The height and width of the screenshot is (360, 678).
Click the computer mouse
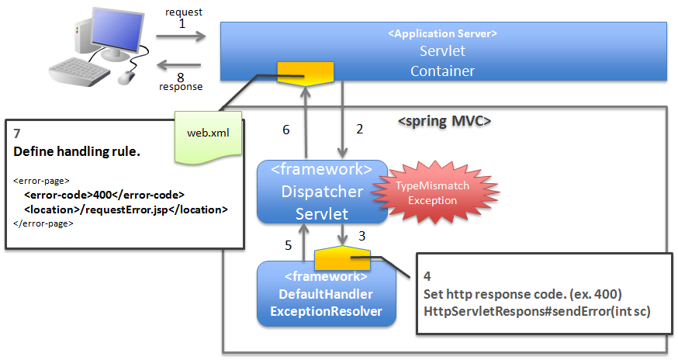pyautogui.click(x=126, y=77)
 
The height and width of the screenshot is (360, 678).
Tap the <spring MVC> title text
pyautogui.click(x=445, y=121)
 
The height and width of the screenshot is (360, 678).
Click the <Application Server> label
pyautogui.click(x=442, y=33)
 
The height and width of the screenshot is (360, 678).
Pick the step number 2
pyautogui.click(x=359, y=130)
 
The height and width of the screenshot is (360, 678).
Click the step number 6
pyautogui.click(x=285, y=130)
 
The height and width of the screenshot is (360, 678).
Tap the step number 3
pyautogui.click(x=361, y=234)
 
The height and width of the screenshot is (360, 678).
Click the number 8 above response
pyautogui.click(x=182, y=76)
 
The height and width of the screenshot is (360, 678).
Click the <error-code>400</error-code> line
pyautogui.click(x=104, y=195)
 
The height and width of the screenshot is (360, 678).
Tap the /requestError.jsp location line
pyautogui.click(x=125, y=209)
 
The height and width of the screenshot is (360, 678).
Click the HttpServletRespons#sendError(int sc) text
pyautogui.click(x=537, y=311)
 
